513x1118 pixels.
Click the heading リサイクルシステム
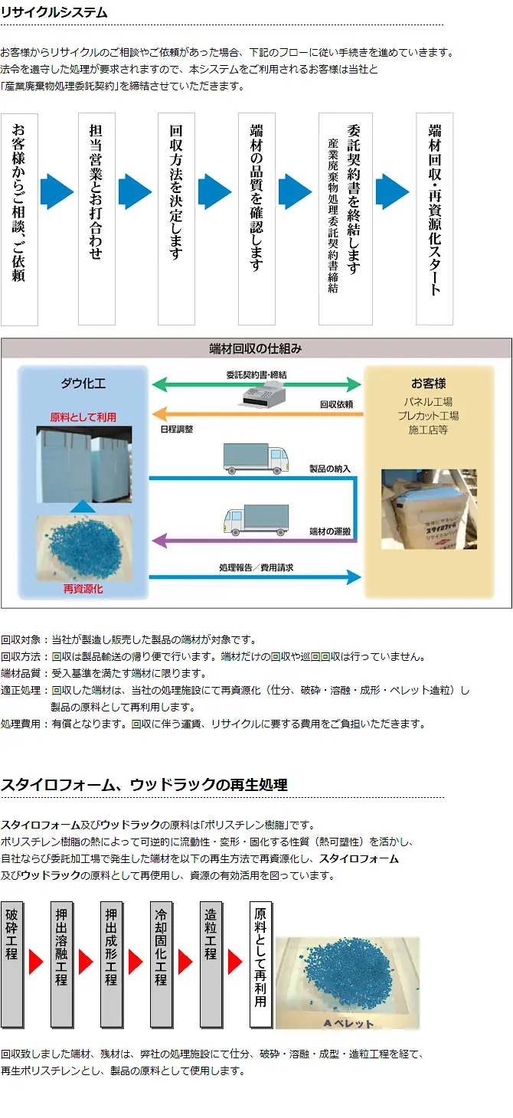[x=54, y=13]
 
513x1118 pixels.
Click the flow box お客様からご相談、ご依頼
[x=19, y=219]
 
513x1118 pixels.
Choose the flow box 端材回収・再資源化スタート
[x=434, y=218]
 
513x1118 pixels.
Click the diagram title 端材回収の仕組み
[x=256, y=348]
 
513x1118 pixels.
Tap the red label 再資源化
[x=83, y=589]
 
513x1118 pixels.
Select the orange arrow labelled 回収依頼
[x=256, y=414]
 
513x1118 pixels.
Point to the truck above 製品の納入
[x=256, y=457]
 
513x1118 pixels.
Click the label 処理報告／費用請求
[x=256, y=568]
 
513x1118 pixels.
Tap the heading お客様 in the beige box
[x=428, y=383]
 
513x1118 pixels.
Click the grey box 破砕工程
[x=11, y=964]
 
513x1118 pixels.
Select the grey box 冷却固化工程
[x=161, y=964]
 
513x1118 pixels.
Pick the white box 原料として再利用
[x=260, y=964]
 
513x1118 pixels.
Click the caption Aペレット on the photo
[x=348, y=1023]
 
